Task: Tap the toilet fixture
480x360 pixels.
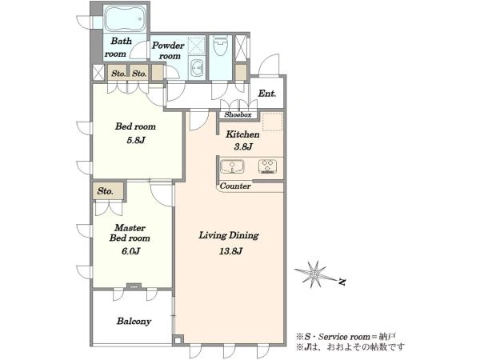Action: tap(221, 46)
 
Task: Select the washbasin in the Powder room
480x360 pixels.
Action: tap(197, 68)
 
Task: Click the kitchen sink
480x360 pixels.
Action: tap(232, 167)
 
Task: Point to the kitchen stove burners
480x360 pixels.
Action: tap(267, 167)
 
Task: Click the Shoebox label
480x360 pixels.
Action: tap(238, 114)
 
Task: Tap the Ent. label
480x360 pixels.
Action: tap(267, 94)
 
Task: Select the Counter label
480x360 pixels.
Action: tap(235, 186)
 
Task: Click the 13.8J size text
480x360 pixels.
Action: tap(231, 251)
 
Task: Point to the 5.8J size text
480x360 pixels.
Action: tap(136, 140)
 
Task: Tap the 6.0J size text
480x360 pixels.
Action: tap(130, 251)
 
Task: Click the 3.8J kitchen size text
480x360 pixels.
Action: tap(243, 147)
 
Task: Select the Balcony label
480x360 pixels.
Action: tap(134, 321)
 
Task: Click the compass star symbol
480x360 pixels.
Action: tap(314, 274)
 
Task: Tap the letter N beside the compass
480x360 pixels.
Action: tap(342, 282)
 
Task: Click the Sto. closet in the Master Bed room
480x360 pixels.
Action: tap(108, 191)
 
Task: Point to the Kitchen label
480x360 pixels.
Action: tap(242, 134)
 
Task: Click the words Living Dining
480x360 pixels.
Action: tap(229, 235)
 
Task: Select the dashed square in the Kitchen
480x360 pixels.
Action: tap(273, 122)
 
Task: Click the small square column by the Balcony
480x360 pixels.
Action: tap(178, 339)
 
